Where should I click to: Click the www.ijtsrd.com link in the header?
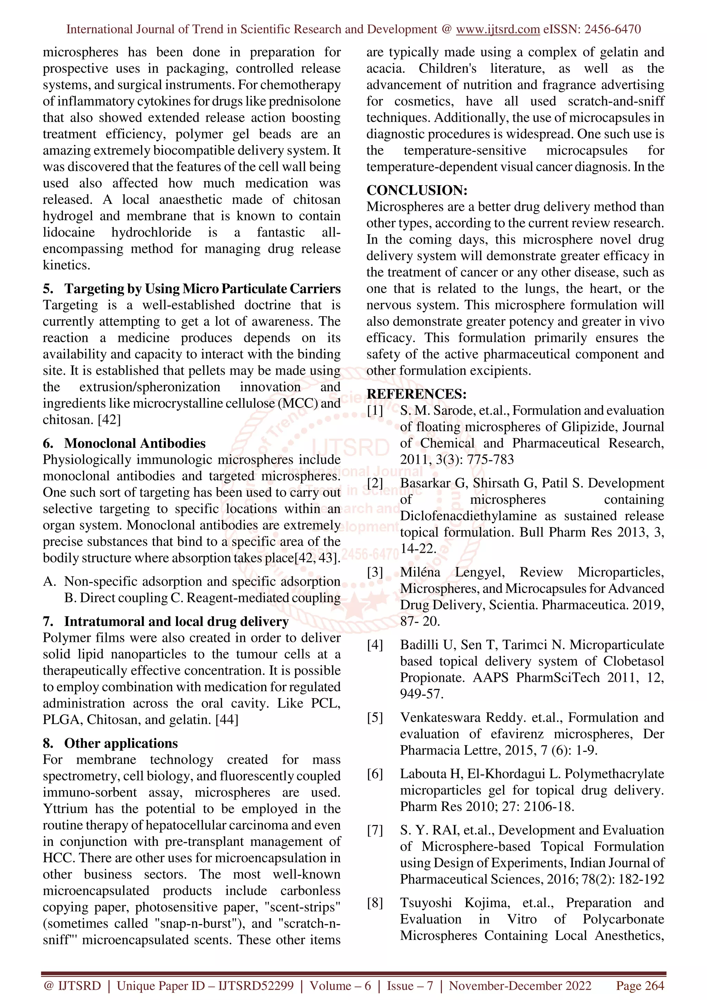coord(497,29)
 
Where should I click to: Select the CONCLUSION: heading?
coord(416,190)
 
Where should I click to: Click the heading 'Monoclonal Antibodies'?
coord(135,443)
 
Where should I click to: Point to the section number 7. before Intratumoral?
coord(48,621)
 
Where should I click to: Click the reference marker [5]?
coord(375,718)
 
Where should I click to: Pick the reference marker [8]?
coord(375,903)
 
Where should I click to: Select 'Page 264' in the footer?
coord(639,986)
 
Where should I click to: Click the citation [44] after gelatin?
coord(227,720)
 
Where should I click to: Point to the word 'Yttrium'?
coord(65,809)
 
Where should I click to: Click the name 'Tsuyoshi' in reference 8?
coord(426,903)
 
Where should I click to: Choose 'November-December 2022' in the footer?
coord(520,986)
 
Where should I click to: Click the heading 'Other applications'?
coord(121,744)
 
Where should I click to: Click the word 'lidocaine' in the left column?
coord(68,233)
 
